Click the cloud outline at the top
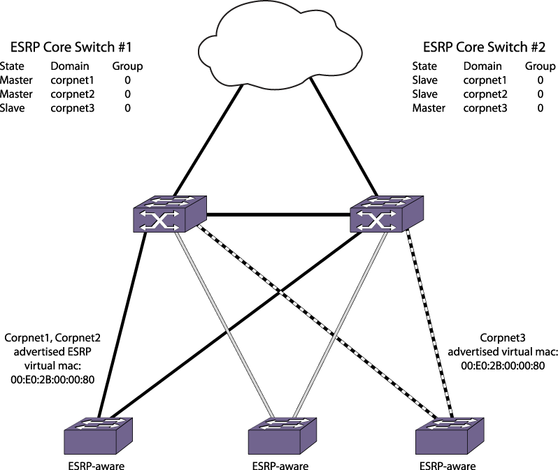(280, 46)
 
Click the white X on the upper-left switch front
(159, 221)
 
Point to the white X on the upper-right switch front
(376, 221)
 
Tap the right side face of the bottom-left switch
(124, 436)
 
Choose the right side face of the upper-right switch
(413, 214)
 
